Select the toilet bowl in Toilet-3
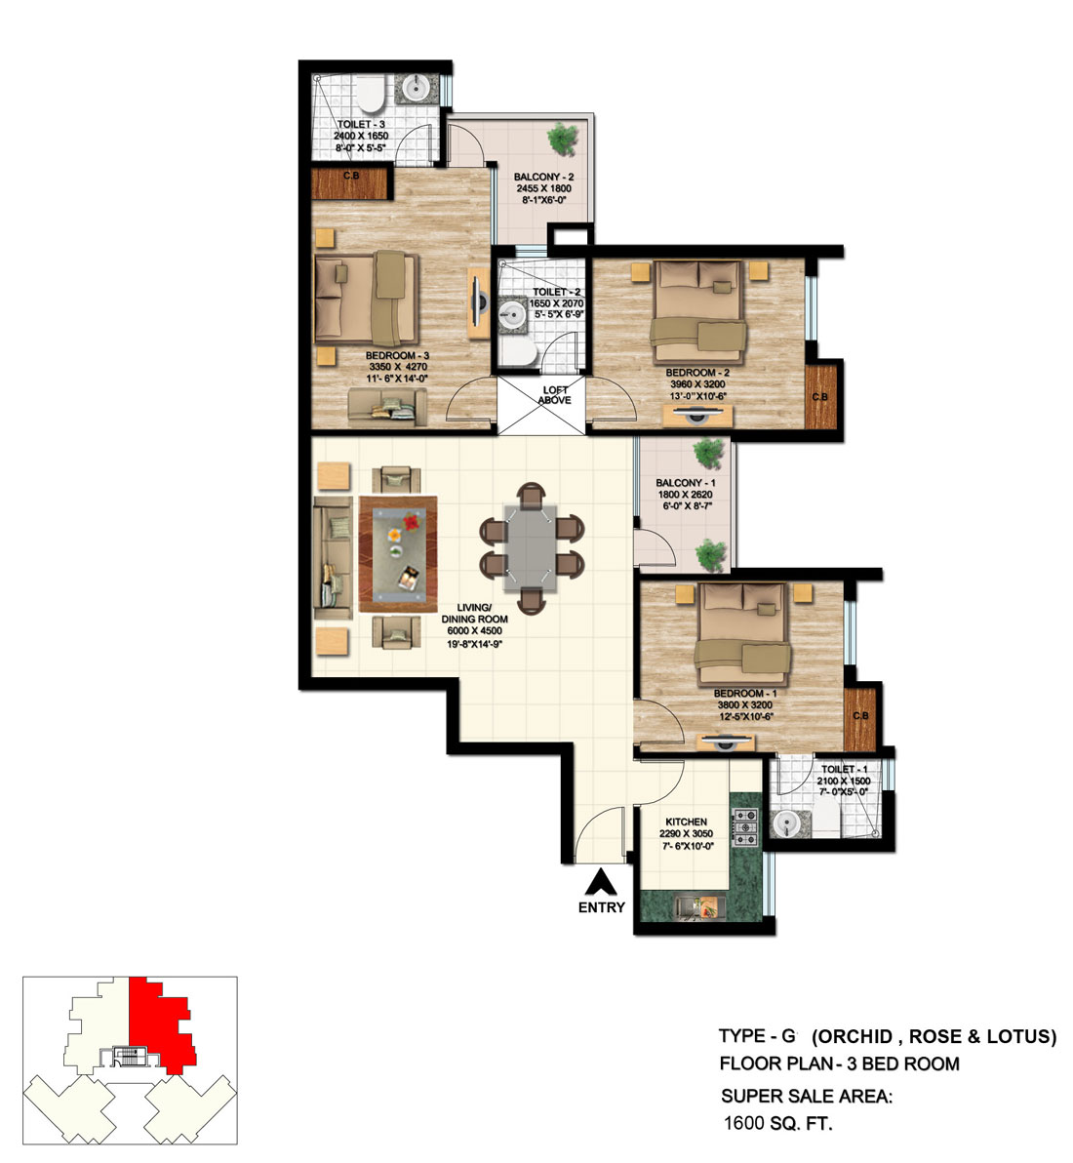(x=370, y=96)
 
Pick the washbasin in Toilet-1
(x=787, y=825)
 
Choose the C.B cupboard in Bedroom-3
(x=350, y=182)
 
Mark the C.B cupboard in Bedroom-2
(x=821, y=395)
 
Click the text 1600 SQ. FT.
(x=776, y=1123)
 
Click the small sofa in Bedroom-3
(x=387, y=403)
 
